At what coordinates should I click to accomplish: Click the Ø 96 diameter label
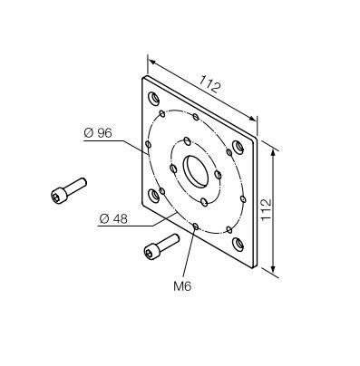click(98, 133)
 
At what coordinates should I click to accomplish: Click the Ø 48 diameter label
click(113, 218)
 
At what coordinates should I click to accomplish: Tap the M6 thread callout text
click(182, 286)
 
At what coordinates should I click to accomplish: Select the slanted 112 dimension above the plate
click(210, 83)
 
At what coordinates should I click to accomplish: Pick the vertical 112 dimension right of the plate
click(267, 209)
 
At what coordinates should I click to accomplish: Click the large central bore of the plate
click(196, 171)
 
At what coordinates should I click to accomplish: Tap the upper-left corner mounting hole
click(153, 99)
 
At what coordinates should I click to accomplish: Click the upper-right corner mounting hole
click(238, 147)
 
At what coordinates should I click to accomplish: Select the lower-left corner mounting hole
click(153, 196)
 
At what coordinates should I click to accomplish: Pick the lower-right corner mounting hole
click(238, 244)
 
